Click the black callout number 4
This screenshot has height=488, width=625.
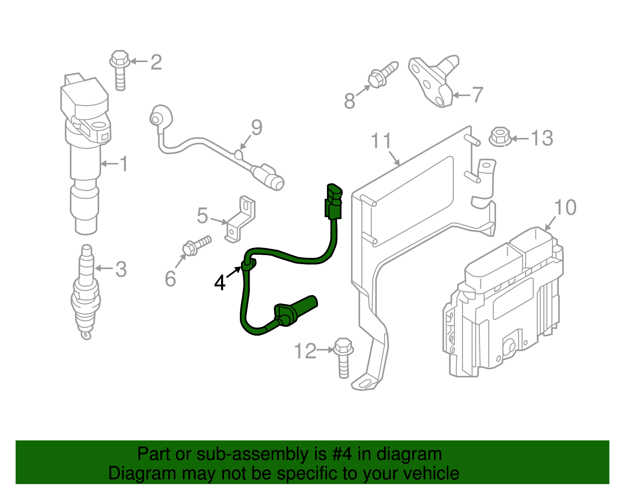coord(220,282)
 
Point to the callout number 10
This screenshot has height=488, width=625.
coord(565,207)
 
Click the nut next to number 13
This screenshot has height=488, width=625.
coord(500,136)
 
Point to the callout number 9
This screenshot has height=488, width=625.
coord(257,127)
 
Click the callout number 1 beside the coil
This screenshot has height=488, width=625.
coord(123,164)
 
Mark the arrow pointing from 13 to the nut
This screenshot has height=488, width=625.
coord(520,138)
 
